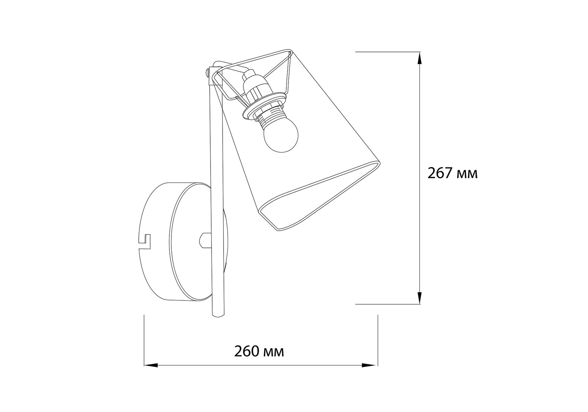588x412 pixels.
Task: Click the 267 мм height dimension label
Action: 452,173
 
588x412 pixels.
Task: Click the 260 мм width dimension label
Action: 259,352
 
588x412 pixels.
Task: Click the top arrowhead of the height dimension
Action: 419,59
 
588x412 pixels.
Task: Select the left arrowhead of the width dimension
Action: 151,365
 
